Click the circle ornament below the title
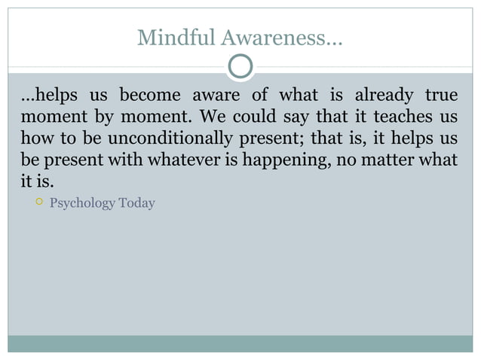(240, 67)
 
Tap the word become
(149, 96)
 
